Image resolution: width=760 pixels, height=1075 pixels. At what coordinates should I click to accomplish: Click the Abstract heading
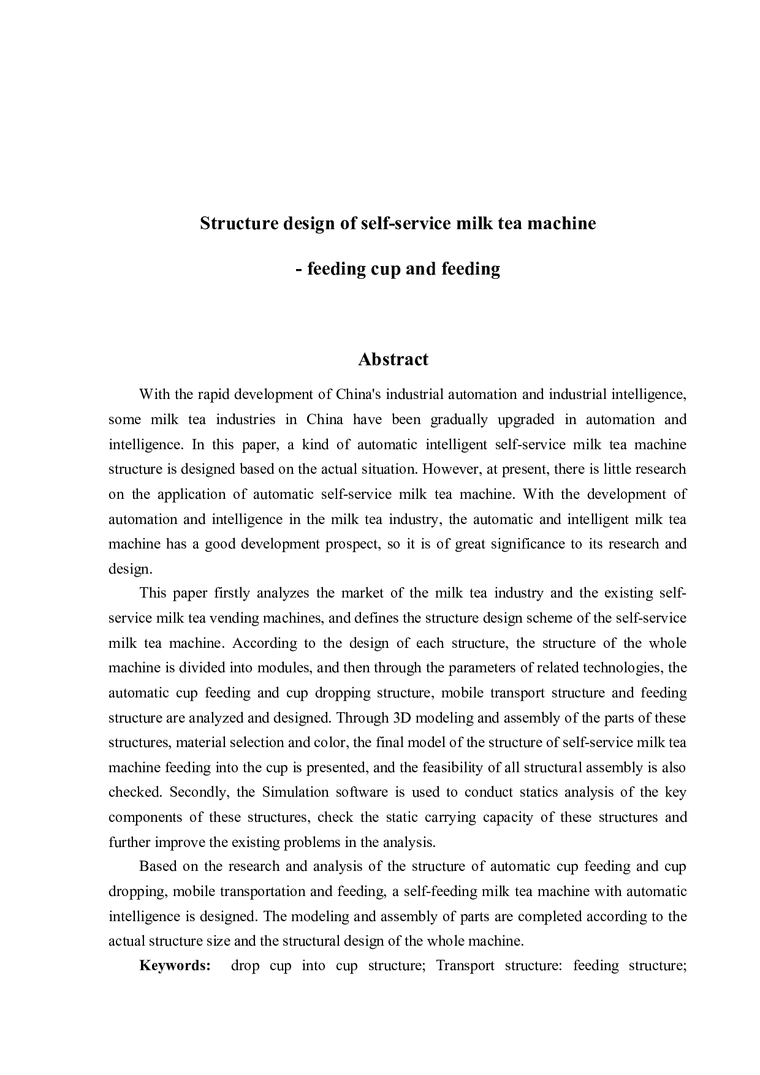pos(393,359)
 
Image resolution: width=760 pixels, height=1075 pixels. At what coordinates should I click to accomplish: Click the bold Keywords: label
pos(175,966)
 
